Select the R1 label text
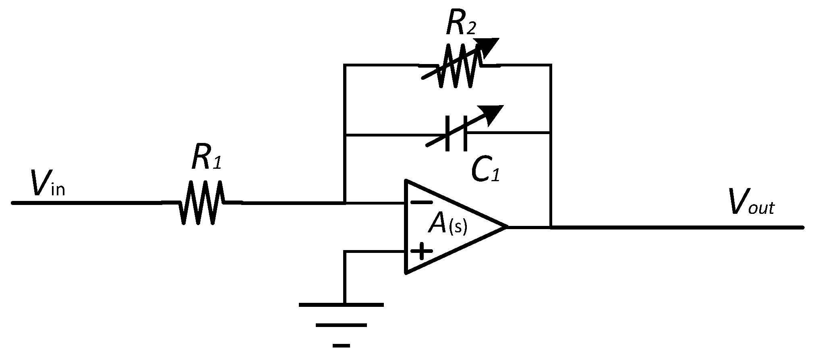[x=206, y=158]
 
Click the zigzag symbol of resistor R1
[x=202, y=203]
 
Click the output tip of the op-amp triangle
[x=505, y=227]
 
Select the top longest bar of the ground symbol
[x=341, y=304]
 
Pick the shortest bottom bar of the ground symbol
[x=341, y=345]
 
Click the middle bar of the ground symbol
[x=341, y=325]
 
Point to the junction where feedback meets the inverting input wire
[x=345, y=203]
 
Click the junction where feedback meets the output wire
[x=551, y=227]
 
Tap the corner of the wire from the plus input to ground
[x=345, y=252]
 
